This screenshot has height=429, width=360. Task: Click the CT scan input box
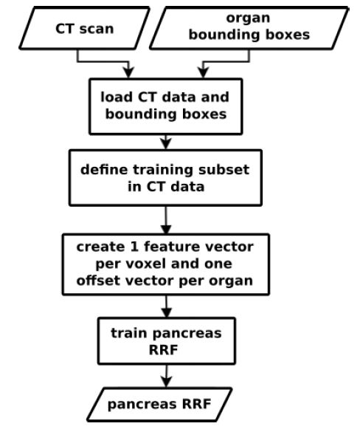click(x=84, y=28)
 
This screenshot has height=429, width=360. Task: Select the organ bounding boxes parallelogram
click(x=249, y=28)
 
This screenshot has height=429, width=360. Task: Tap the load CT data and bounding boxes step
click(x=166, y=106)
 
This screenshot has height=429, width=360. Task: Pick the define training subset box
click(x=166, y=178)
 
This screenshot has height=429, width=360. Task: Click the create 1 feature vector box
click(x=166, y=264)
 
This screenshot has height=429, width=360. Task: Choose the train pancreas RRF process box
click(x=167, y=341)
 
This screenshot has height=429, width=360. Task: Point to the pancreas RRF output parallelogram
click(x=159, y=405)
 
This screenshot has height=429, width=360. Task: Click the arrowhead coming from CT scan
click(x=128, y=72)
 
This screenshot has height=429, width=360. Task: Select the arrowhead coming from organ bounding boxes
click(x=203, y=72)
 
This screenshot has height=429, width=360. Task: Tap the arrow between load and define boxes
click(x=166, y=142)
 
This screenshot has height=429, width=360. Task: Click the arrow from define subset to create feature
click(x=166, y=220)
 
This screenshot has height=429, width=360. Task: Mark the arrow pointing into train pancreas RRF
click(x=166, y=306)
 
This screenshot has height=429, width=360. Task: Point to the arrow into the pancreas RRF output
click(x=166, y=376)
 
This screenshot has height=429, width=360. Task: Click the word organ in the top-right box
click(x=248, y=18)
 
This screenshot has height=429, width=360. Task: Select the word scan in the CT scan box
click(x=97, y=29)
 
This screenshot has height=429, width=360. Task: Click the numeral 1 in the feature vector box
click(x=134, y=247)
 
